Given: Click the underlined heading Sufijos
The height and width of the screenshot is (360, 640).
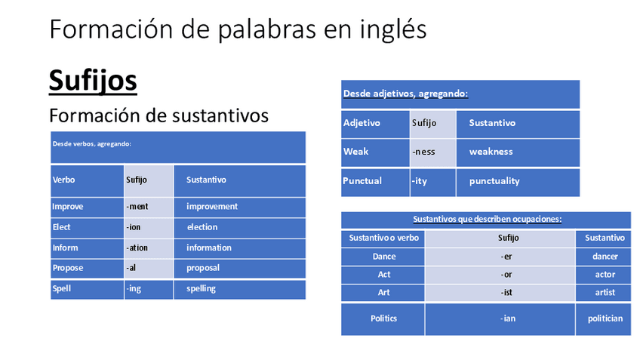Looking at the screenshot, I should click(93, 81).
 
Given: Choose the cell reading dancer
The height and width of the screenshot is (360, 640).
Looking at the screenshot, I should click(605, 257).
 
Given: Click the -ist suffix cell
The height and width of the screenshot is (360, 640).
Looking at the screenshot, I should click(506, 293).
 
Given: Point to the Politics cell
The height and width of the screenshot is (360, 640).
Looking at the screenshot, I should click(383, 318).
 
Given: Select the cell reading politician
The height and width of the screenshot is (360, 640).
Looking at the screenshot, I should click(605, 318).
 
